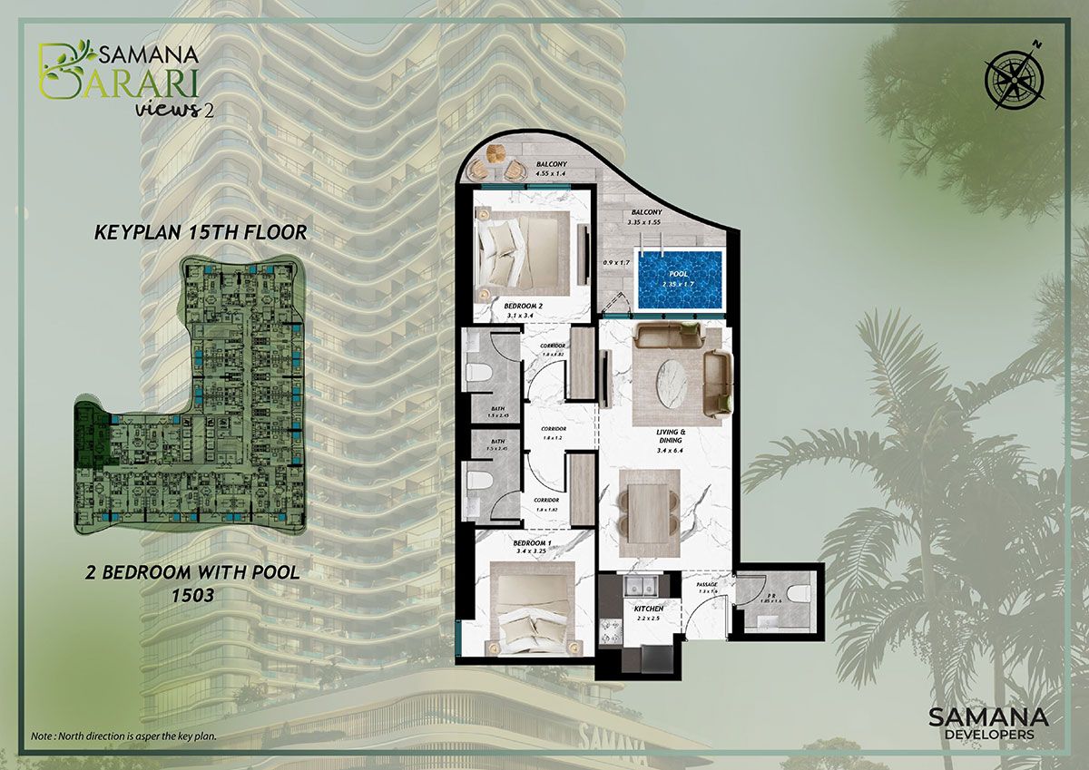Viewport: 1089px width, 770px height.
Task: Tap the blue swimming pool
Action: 679,279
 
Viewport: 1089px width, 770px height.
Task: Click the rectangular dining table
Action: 648,512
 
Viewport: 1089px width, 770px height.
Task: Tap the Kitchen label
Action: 649,608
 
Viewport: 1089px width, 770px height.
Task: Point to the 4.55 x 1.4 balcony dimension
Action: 551,171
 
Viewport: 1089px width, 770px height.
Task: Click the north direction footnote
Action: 123,735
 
